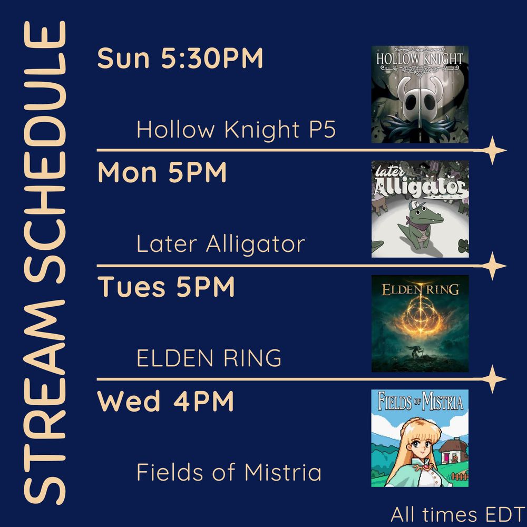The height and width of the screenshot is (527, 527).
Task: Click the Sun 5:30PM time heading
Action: point(180,58)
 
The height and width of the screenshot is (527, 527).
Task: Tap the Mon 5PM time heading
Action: point(162,173)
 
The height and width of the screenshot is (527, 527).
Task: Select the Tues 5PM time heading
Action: point(167,288)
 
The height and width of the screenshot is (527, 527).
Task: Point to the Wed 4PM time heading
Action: point(165,402)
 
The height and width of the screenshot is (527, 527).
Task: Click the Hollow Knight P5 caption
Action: point(236,130)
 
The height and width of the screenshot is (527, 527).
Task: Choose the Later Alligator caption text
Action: point(220,244)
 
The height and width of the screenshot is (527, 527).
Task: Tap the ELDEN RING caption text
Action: point(209,359)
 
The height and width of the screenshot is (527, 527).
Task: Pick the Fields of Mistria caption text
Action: point(229,472)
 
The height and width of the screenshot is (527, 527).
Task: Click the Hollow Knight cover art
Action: point(419,94)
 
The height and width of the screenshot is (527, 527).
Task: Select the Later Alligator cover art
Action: point(419,209)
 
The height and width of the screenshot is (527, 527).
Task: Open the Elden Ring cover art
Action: point(419,323)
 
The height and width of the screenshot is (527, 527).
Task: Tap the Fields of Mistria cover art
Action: point(419,438)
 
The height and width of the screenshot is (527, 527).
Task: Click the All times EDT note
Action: point(456,514)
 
